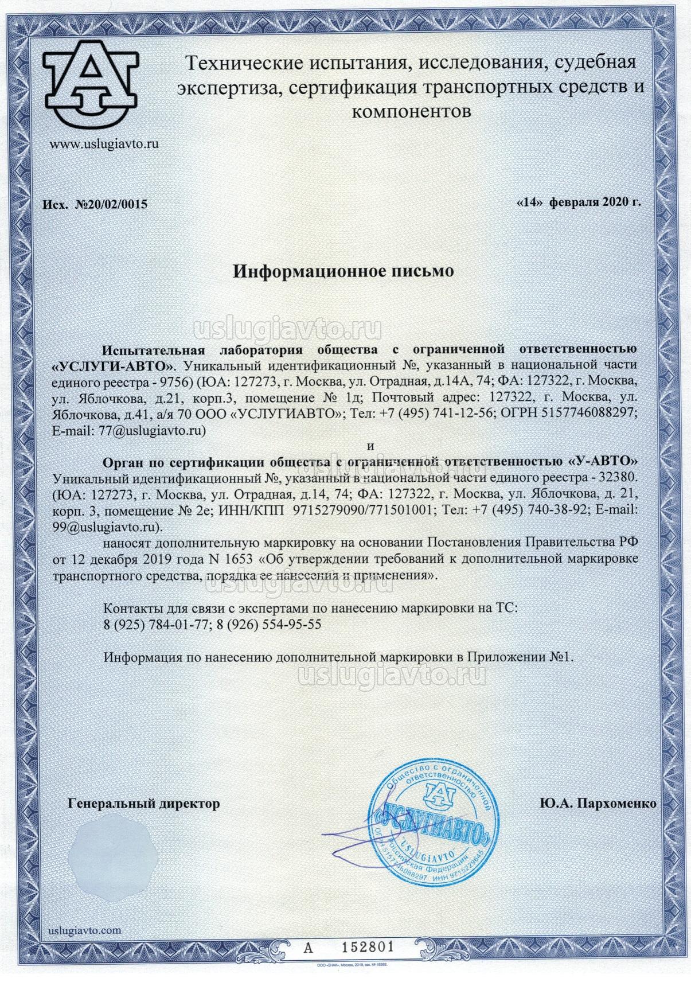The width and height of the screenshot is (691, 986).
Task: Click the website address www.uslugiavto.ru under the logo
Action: (103, 143)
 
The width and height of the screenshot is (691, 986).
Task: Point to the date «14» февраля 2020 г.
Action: (578, 202)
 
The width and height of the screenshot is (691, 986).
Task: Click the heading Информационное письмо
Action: (343, 271)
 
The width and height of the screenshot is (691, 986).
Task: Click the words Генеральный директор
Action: (143, 804)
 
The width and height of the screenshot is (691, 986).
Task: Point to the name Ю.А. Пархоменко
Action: (598, 804)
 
